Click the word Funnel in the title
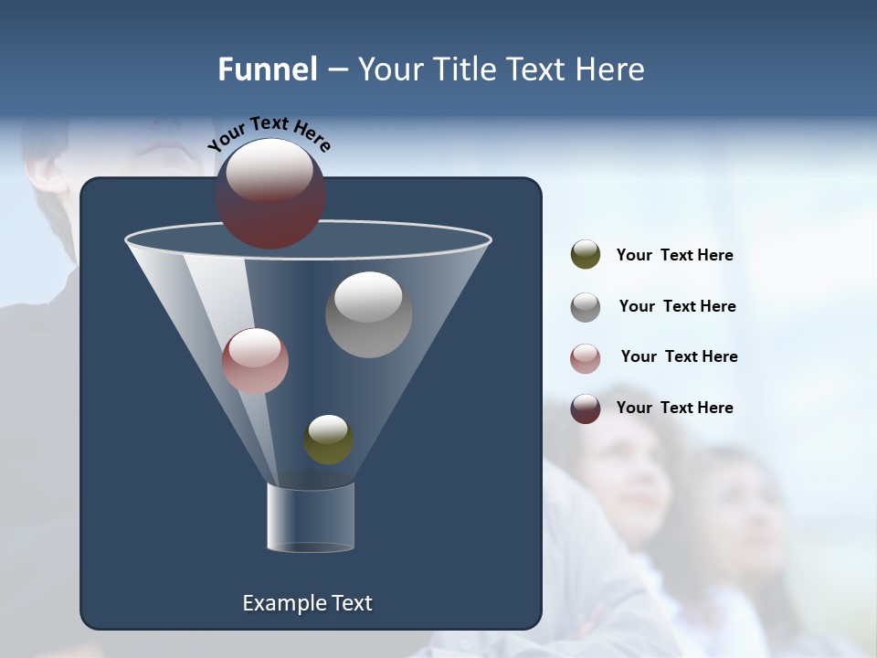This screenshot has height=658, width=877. click(267, 69)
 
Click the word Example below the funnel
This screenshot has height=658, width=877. click(278, 603)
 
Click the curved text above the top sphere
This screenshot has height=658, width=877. click(269, 133)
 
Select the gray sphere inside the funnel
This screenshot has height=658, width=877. click(368, 315)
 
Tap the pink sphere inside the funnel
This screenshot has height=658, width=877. click(255, 362)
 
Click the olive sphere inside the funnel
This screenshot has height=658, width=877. click(328, 440)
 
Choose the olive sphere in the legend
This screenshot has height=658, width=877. click(586, 255)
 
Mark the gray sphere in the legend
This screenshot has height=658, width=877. click(586, 307)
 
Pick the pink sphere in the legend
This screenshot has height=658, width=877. click(586, 358)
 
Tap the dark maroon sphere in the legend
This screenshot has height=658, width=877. click(586, 409)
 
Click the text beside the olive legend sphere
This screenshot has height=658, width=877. click(674, 256)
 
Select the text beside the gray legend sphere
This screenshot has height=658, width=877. click(677, 307)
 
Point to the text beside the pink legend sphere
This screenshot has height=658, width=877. click(679, 357)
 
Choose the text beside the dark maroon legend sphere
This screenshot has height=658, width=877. click(674, 409)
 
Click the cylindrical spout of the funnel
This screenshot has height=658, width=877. click(311, 517)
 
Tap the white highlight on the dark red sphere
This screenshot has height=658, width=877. click(269, 170)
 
